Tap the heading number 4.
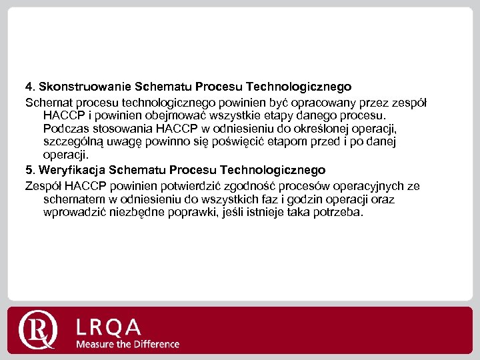pos(29,87)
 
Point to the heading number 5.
pos(29,170)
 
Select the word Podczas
pos(63,128)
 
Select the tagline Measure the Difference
pos(127,345)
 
